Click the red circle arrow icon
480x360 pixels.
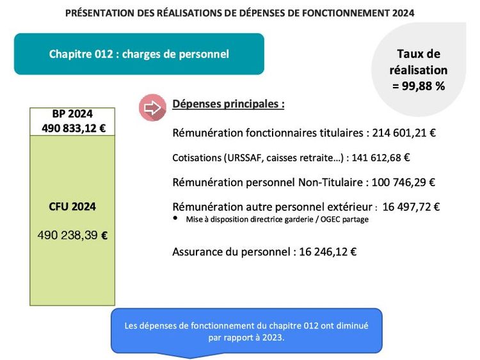coord(152,108)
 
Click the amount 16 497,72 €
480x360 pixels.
coord(412,207)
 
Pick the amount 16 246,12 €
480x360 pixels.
coord(326,251)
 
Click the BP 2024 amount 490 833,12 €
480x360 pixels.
coord(72,127)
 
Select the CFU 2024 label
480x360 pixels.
coord(72,207)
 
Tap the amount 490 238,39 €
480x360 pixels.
coord(72,235)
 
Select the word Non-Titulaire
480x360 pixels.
coord(332,182)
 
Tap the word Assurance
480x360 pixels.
coord(197,251)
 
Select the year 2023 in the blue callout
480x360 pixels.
coord(273,338)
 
